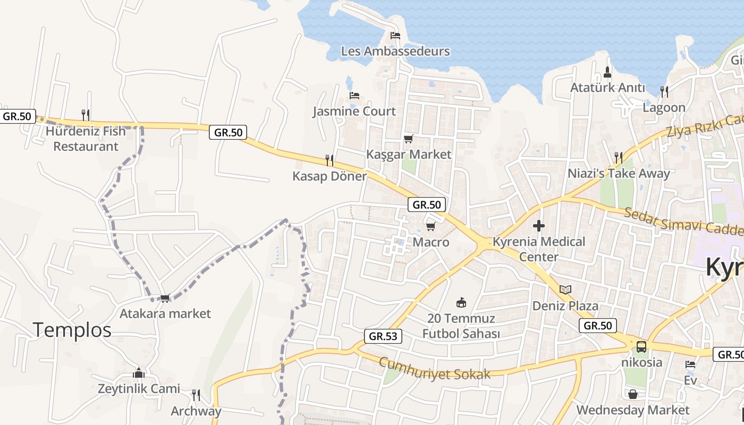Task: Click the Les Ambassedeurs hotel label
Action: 395,52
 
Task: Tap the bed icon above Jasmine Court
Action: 354,96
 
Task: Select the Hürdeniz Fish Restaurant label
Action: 86,139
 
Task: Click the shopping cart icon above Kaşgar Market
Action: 408,139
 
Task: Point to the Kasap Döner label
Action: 329,176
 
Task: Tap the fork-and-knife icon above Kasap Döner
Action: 329,160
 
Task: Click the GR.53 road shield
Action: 383,336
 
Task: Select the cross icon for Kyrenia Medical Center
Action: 538,226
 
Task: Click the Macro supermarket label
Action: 431,242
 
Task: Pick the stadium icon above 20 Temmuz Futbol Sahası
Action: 461,303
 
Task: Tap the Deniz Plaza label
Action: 565,306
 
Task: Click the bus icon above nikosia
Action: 641,347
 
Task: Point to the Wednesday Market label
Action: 632,410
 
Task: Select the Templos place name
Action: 72,330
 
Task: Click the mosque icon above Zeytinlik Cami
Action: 139,373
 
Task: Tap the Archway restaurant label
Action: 196,411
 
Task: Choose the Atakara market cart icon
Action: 165,298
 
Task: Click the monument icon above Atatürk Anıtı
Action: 608,72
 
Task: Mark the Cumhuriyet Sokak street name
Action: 435,368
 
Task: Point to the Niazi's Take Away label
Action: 619,173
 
